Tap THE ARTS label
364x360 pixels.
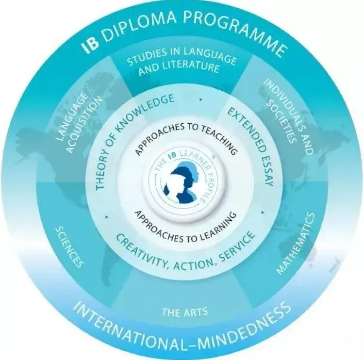tap(185, 311)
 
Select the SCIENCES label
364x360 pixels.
tap(69, 247)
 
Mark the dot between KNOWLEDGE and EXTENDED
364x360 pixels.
tap(201, 100)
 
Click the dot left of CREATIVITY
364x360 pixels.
tap(107, 217)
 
